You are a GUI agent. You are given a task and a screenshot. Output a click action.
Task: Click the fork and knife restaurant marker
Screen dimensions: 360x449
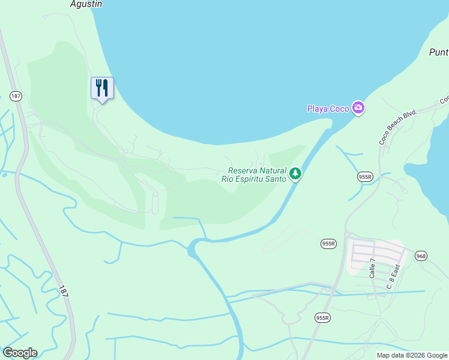click(102, 88)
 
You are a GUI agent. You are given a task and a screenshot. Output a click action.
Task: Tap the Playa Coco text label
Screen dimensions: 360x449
click(328, 109)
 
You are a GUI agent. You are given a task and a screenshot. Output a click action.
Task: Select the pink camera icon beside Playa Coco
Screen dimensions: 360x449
click(359, 108)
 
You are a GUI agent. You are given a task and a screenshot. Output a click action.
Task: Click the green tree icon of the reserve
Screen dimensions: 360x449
click(295, 174)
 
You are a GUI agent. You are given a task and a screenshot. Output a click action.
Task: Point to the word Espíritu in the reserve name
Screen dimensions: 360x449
click(248, 179)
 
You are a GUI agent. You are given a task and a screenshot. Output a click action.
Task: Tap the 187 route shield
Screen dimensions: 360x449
click(16, 95)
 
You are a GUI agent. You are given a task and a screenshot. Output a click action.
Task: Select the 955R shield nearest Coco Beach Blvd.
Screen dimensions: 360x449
click(365, 176)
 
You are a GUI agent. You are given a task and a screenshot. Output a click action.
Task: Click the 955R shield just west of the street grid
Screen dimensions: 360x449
click(328, 244)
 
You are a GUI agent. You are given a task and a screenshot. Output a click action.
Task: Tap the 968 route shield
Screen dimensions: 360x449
click(421, 256)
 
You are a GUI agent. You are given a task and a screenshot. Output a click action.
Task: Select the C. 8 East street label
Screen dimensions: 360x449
click(393, 277)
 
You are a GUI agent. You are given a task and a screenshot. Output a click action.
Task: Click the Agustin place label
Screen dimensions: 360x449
click(85, 4)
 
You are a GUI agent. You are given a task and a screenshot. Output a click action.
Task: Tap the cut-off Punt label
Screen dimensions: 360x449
click(438, 52)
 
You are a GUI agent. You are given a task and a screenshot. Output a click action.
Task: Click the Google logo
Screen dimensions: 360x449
click(20, 352)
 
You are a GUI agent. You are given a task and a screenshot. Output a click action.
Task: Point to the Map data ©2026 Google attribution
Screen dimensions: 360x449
click(412, 355)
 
